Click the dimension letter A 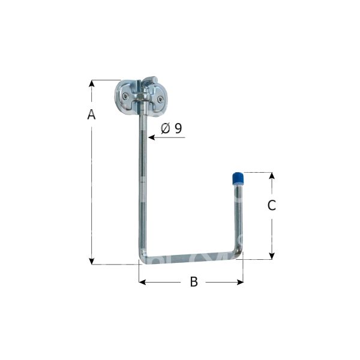click(x=91, y=115)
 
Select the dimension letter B click(x=193, y=282)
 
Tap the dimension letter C click(x=271, y=205)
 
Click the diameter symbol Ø click(x=166, y=128)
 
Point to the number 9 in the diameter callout click(x=178, y=128)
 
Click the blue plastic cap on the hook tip click(x=237, y=179)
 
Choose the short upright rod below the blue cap click(x=238, y=216)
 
